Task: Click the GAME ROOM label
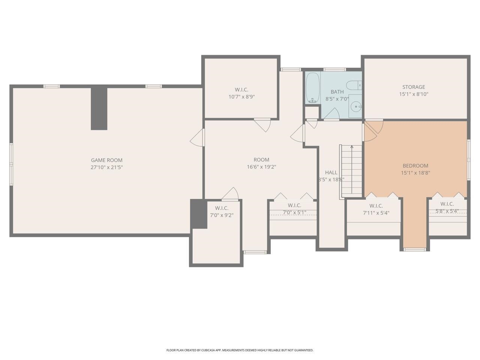pyautogui.click(x=107, y=160)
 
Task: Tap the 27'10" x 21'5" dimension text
pyautogui.click(x=107, y=167)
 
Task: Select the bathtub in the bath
pyautogui.click(x=313, y=88)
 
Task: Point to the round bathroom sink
pyautogui.click(x=356, y=106)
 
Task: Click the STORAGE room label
pyautogui.click(x=414, y=87)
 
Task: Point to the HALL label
pyautogui.click(x=331, y=172)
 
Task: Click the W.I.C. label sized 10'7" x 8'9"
pyautogui.click(x=241, y=90)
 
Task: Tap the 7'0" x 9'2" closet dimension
pyautogui.click(x=222, y=215)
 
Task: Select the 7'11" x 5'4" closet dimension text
pyautogui.click(x=376, y=213)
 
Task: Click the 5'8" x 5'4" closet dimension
pyautogui.click(x=447, y=211)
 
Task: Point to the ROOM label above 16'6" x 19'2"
pyautogui.click(x=261, y=160)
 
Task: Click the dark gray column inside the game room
pyautogui.click(x=99, y=109)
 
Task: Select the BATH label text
pyautogui.click(x=337, y=92)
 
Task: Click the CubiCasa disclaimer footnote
pyautogui.click(x=240, y=350)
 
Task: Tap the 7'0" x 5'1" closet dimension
pyautogui.click(x=294, y=213)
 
